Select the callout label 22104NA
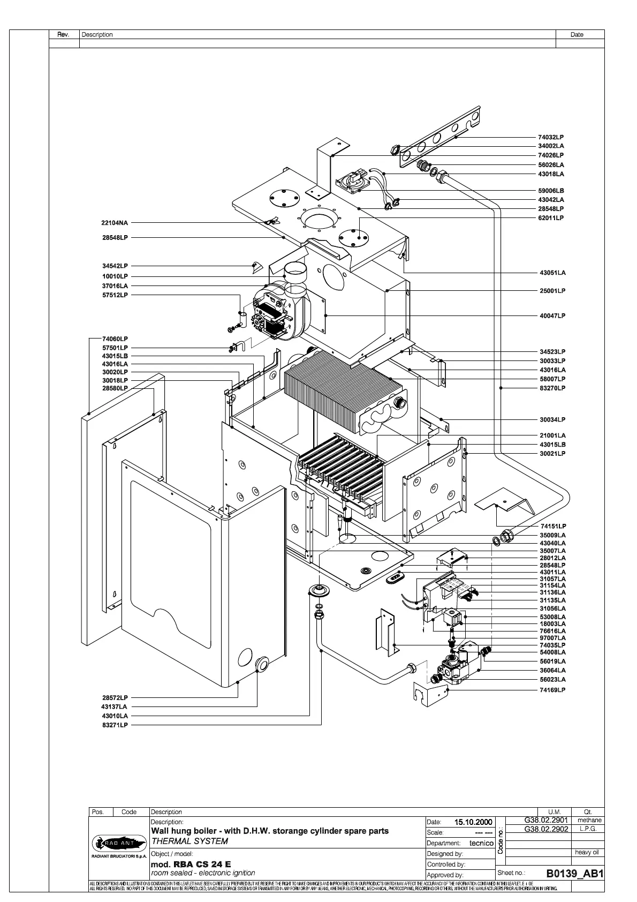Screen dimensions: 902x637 pyautogui.click(x=115, y=223)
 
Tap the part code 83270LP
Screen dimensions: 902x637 pyautogui.click(x=552, y=388)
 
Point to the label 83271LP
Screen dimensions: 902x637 pyautogui.click(x=115, y=725)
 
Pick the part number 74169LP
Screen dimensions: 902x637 pyautogui.click(x=552, y=690)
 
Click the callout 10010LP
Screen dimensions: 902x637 pyautogui.click(x=115, y=276)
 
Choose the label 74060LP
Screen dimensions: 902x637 pyautogui.click(x=115, y=339)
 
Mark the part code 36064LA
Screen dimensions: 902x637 pyautogui.click(x=552, y=670)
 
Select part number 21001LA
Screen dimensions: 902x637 pyautogui.click(x=552, y=435)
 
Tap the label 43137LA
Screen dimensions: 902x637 pyautogui.click(x=115, y=706)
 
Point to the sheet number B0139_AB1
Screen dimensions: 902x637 pyautogui.click(x=575, y=874)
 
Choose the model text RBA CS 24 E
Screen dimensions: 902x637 pyautogui.click(x=202, y=864)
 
